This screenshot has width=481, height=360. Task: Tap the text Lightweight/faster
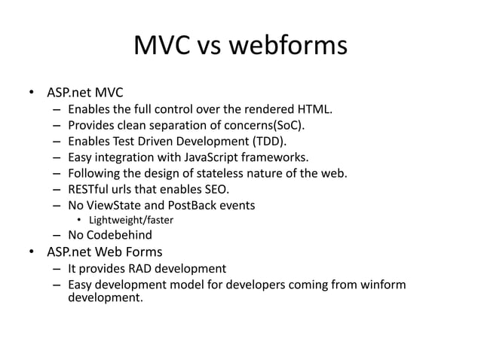click(130, 220)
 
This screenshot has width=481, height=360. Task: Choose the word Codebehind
click(119, 235)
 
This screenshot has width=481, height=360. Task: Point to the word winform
click(382, 285)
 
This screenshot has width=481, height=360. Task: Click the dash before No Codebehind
click(57, 235)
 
